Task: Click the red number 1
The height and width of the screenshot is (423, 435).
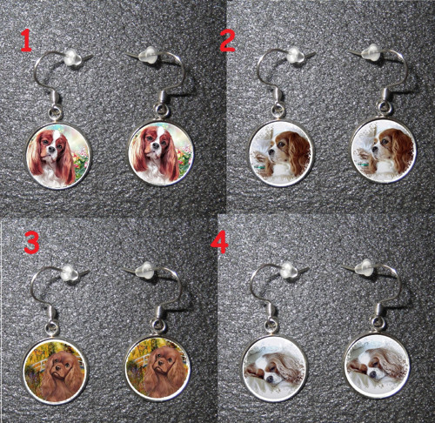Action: [26, 41]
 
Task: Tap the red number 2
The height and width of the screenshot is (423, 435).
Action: [228, 40]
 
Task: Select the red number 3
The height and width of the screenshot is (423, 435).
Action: [31, 244]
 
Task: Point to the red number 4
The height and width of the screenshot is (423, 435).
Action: [220, 243]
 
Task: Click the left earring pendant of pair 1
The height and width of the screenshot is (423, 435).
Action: [58, 156]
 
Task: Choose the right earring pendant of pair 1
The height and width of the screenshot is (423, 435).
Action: [160, 153]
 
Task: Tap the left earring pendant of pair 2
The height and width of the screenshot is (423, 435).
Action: [281, 153]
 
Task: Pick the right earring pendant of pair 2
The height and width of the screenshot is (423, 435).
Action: [384, 151]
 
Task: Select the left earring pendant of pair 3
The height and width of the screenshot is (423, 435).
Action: [55, 371]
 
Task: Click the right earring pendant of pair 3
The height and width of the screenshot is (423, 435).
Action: [157, 368]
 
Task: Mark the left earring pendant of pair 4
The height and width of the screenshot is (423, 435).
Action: [274, 369]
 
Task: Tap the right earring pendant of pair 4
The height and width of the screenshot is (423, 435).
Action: [378, 366]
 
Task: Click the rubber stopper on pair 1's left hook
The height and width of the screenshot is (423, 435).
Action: [70, 57]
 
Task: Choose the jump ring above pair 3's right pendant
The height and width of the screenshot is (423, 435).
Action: [159, 326]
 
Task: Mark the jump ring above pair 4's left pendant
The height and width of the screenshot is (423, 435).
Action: [271, 326]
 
